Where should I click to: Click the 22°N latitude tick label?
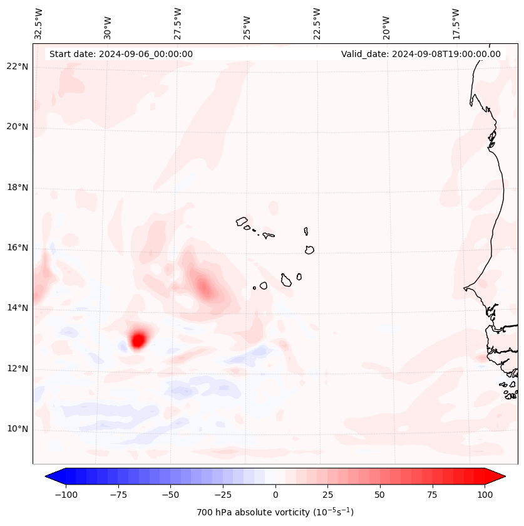click(18, 67)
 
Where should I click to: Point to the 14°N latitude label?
click(18, 308)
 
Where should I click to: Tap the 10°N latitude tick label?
click(18, 429)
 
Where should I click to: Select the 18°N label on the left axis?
click(18, 188)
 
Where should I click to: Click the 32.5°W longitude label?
click(39, 23)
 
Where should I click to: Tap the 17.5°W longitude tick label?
click(456, 23)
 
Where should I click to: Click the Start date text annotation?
click(121, 55)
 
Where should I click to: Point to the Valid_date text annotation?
click(421, 55)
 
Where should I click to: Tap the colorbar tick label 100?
click(484, 495)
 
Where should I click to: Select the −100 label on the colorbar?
click(65, 495)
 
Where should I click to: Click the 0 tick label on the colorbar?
click(275, 495)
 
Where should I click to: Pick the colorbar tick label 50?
click(379, 495)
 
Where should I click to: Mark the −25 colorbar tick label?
click(222, 495)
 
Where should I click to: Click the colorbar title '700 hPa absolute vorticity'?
click(275, 513)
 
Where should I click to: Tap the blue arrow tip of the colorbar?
click(49, 476)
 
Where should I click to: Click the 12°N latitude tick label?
click(18, 369)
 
